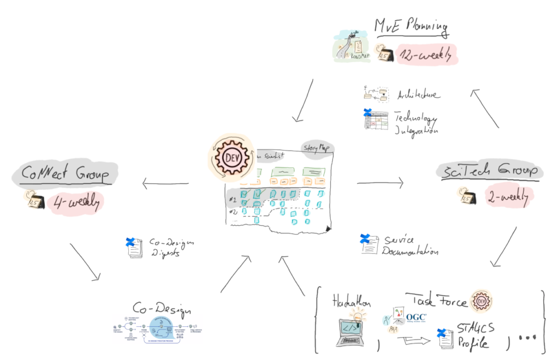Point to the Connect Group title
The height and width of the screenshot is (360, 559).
point(64,175)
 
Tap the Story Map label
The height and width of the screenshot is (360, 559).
point(317,147)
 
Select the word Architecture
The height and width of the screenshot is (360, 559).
point(417,95)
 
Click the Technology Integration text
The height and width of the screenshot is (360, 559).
point(416,125)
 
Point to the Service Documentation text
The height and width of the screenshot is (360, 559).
point(410,245)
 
